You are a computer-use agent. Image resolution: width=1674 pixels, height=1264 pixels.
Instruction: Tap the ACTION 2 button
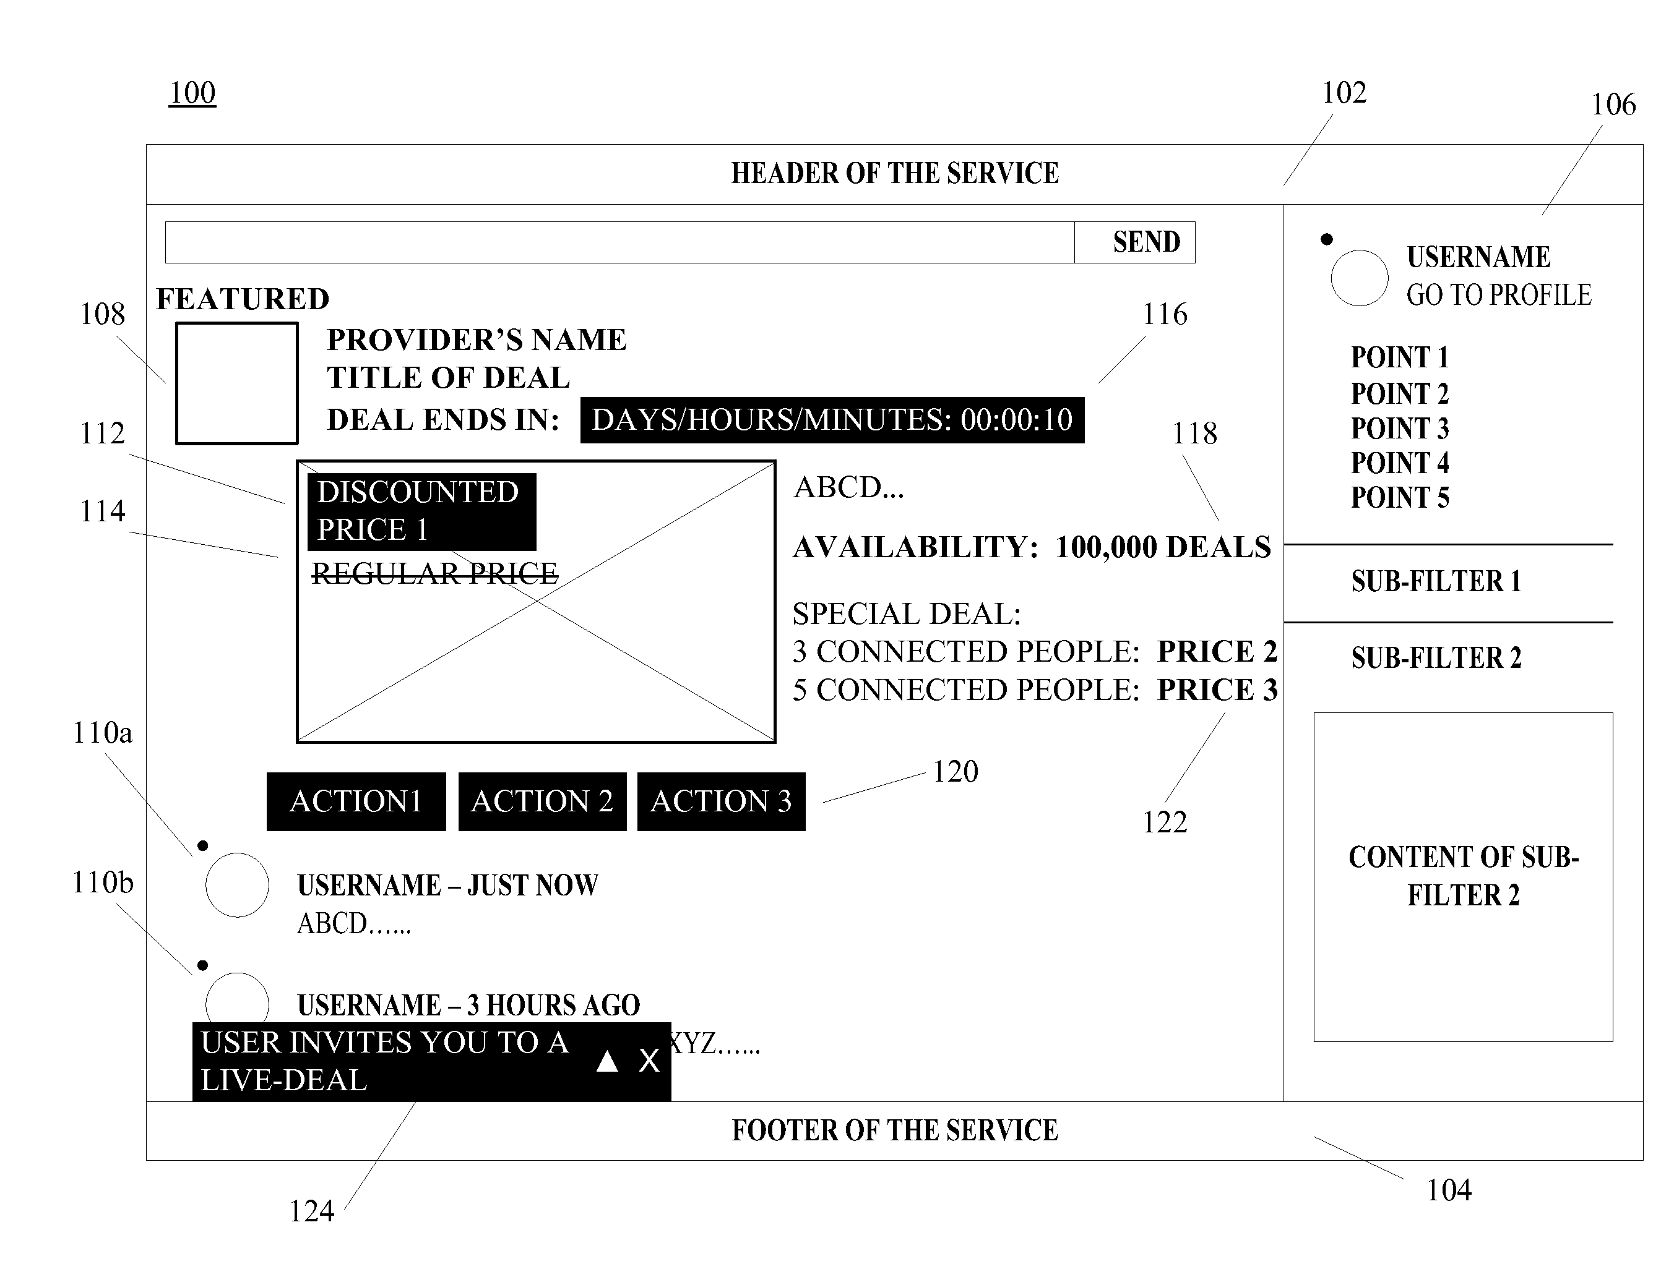542,801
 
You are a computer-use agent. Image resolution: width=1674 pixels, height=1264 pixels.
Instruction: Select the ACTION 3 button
720,801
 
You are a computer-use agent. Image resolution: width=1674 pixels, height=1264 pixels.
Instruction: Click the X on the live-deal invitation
649,1061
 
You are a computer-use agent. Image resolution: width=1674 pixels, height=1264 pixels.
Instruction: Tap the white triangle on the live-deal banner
607,1061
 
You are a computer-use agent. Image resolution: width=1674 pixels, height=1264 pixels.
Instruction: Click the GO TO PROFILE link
1498,295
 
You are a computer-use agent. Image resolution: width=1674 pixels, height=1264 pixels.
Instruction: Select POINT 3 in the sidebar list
1399,428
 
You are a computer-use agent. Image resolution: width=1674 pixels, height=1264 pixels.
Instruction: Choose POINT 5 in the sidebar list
1399,497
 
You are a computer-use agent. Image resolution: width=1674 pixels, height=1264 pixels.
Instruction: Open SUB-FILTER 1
1436,581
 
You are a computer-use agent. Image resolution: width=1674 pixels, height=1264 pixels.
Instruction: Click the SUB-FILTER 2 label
1436,658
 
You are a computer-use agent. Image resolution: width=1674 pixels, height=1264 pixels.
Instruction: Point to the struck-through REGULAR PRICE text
434,573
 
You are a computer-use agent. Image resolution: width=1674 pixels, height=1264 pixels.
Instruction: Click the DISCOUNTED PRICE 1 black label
421,511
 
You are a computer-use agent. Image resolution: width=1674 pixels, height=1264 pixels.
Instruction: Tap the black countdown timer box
832,420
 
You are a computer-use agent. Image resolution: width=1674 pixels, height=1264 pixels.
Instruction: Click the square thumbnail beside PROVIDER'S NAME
237,383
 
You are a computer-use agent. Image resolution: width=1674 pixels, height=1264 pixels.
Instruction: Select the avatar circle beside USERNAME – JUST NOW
237,884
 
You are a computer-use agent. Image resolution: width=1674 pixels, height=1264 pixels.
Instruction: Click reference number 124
312,1211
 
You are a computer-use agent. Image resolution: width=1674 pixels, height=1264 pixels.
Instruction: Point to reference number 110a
102,732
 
